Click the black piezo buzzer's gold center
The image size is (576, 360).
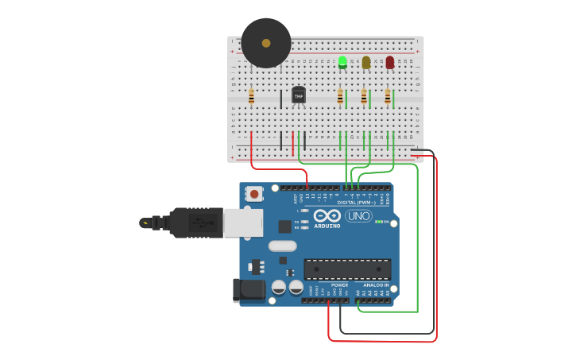(266, 43)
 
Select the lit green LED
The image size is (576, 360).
(342, 62)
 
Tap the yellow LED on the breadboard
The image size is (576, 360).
(366, 62)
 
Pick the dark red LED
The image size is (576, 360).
(389, 62)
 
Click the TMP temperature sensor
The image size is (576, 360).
(299, 95)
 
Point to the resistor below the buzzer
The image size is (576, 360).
(251, 97)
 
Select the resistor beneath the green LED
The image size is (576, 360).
(340, 97)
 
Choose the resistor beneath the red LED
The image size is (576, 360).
(388, 97)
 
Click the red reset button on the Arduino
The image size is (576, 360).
(253, 194)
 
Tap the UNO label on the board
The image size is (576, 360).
(358, 216)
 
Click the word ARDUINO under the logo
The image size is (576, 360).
(327, 226)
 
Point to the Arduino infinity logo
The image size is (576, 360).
(327, 216)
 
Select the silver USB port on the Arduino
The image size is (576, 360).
(242, 223)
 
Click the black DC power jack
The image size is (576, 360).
(248, 290)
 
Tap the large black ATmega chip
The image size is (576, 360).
(347, 269)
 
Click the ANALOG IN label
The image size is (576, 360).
(376, 285)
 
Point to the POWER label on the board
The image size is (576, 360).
(339, 285)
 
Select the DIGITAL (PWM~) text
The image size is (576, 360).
(358, 202)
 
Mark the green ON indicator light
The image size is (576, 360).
(378, 222)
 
